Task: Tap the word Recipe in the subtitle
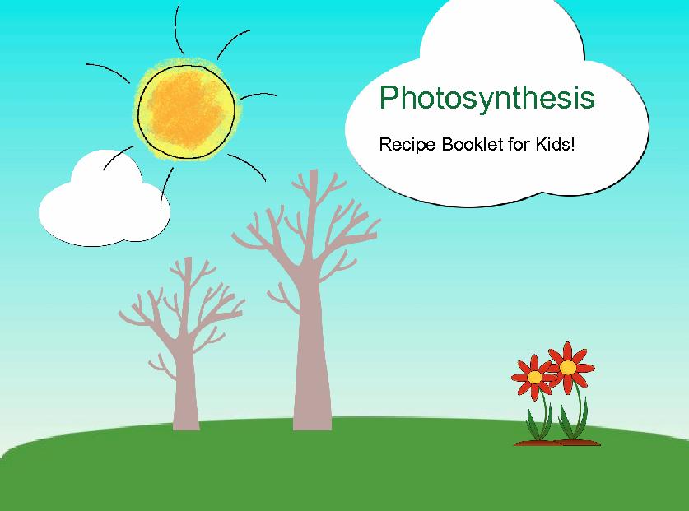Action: click(407, 145)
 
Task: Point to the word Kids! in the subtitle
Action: click(555, 144)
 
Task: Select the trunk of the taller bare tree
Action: click(312, 351)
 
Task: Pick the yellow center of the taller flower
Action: click(568, 367)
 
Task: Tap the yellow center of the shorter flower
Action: click(535, 377)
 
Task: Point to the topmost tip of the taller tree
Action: click(314, 170)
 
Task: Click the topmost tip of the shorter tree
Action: click(189, 258)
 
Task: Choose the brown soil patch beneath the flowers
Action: click(557, 443)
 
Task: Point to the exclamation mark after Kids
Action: click(572, 143)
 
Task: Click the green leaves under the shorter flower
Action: click(539, 424)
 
